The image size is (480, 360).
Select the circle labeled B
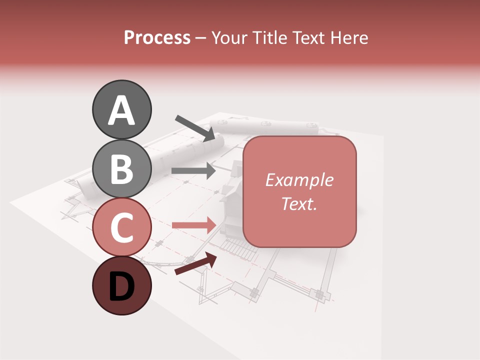point(121,168)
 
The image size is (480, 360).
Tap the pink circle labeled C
point(121,227)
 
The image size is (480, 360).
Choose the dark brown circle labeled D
point(121,285)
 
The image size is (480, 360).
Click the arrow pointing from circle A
point(195,127)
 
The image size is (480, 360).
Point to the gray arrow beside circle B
point(193,170)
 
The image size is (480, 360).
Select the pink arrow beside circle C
point(193,225)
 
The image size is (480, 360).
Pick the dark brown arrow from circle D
point(196,264)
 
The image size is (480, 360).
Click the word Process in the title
point(157,38)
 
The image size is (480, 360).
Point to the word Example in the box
point(299,180)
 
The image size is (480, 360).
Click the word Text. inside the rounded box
point(299,204)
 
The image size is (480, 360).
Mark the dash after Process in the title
point(200,38)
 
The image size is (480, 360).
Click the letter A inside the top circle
point(121,110)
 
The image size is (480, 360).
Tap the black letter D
point(121,287)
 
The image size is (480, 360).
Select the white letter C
point(121,228)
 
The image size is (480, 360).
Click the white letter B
point(121,169)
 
